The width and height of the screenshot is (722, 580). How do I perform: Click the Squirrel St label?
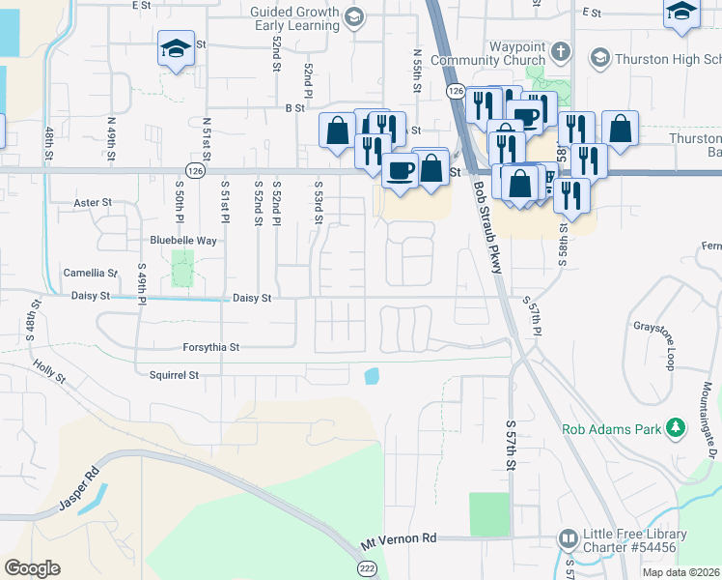point(174,374)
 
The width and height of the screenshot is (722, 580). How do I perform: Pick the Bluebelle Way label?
point(183,240)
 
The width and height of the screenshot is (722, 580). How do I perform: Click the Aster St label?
point(94,204)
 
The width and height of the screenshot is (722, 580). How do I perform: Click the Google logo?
point(32,567)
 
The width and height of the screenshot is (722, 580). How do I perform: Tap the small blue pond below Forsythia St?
point(372,375)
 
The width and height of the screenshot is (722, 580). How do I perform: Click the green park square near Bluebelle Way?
point(182,268)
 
